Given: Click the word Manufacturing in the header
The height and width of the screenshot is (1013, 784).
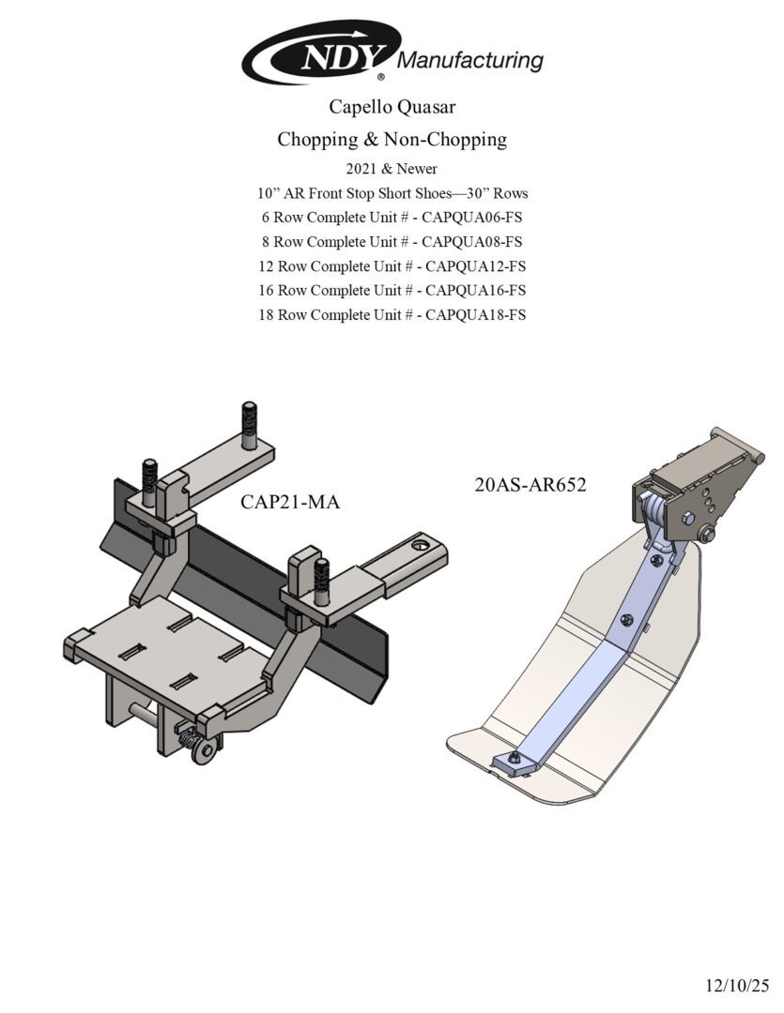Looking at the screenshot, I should (x=470, y=61).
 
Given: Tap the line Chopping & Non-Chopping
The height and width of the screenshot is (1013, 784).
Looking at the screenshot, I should (x=392, y=140).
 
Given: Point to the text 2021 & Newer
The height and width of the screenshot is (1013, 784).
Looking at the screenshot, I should (x=392, y=169).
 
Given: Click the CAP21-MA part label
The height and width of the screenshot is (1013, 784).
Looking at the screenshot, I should (x=289, y=503).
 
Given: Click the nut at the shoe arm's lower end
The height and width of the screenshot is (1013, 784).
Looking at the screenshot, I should (x=515, y=759).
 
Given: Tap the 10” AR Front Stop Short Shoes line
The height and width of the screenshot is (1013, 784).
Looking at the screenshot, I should (x=392, y=193).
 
